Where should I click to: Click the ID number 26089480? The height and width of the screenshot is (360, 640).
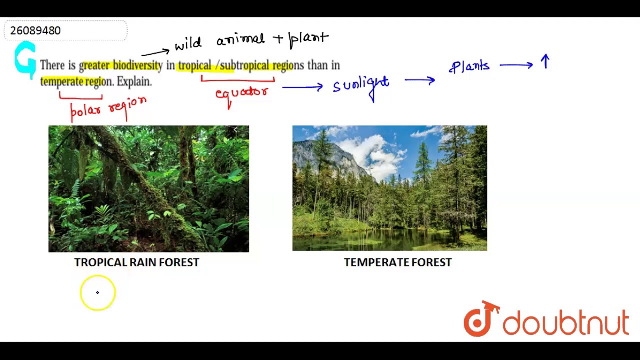tap(35, 31)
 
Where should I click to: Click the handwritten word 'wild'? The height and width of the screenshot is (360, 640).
tap(188, 44)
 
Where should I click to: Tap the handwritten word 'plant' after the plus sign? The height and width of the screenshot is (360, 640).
tap(309, 39)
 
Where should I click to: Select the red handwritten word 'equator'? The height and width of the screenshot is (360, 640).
tap(242, 92)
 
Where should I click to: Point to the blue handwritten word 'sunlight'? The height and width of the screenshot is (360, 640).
tap(361, 85)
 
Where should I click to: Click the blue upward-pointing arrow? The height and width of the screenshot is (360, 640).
tap(545, 62)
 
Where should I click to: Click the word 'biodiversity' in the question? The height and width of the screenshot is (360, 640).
tap(137, 65)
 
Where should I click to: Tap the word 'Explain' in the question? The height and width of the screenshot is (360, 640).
tap(133, 81)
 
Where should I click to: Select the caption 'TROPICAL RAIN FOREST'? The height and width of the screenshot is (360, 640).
tap(136, 262)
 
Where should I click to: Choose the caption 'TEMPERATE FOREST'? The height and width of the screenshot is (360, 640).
tap(397, 262)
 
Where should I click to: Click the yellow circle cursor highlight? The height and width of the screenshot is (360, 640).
tap(97, 292)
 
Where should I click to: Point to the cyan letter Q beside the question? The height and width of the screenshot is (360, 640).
tap(25, 60)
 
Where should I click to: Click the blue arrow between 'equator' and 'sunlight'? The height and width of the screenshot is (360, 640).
tap(302, 87)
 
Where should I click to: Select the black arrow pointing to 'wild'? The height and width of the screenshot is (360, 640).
tap(155, 52)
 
